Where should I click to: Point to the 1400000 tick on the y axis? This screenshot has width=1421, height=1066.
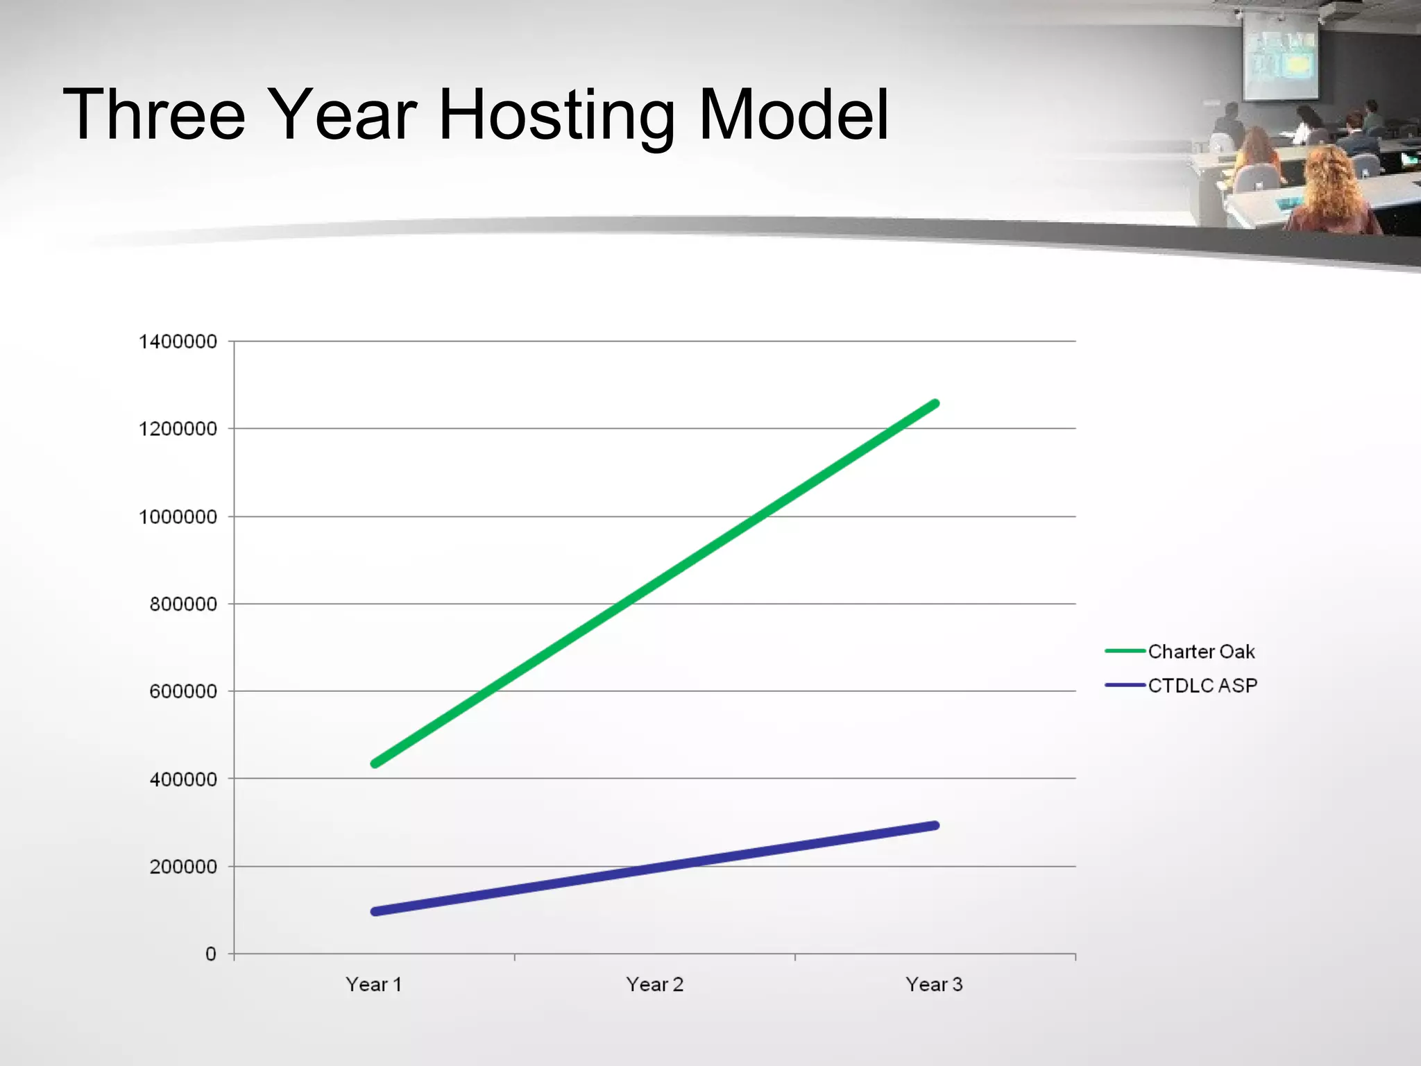tap(178, 341)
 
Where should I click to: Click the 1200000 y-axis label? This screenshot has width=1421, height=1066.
tap(178, 429)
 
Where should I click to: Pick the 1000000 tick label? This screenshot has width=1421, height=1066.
tap(178, 517)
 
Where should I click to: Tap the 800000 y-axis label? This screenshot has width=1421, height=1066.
tap(183, 604)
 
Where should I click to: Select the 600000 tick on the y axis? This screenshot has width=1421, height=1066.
tap(183, 692)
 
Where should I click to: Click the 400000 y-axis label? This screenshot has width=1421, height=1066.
tap(183, 779)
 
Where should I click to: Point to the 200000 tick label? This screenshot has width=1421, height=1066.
tap(183, 867)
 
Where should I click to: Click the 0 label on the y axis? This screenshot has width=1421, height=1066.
tap(211, 954)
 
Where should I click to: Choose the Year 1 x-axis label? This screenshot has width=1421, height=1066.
tap(374, 985)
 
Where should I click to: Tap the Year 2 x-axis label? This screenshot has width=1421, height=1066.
tap(654, 985)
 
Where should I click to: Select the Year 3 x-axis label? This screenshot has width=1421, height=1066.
tap(934, 985)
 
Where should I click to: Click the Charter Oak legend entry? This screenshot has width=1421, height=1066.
tap(1200, 652)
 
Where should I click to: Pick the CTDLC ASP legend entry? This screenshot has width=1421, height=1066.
tap(1202, 686)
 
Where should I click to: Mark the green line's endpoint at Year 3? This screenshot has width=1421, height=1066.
tap(935, 403)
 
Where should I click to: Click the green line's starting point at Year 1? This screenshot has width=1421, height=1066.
tap(375, 763)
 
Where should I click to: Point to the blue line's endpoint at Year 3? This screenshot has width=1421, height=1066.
tap(935, 825)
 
